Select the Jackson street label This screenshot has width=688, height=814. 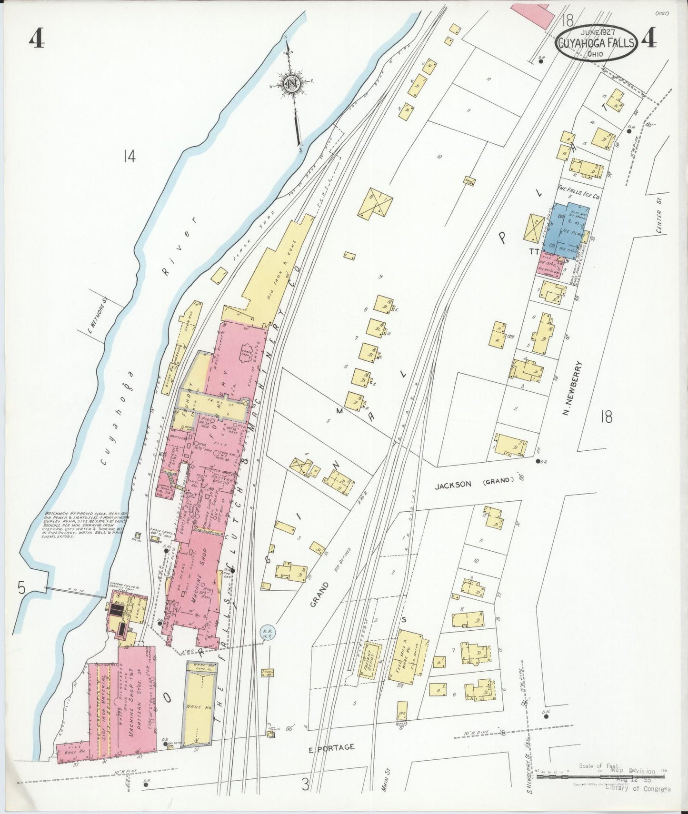[452, 484]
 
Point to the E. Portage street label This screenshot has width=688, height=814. [331, 747]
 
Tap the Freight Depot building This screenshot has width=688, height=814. [369, 660]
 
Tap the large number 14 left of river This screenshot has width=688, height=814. [129, 156]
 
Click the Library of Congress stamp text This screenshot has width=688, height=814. [638, 788]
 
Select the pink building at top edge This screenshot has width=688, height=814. [534, 15]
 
